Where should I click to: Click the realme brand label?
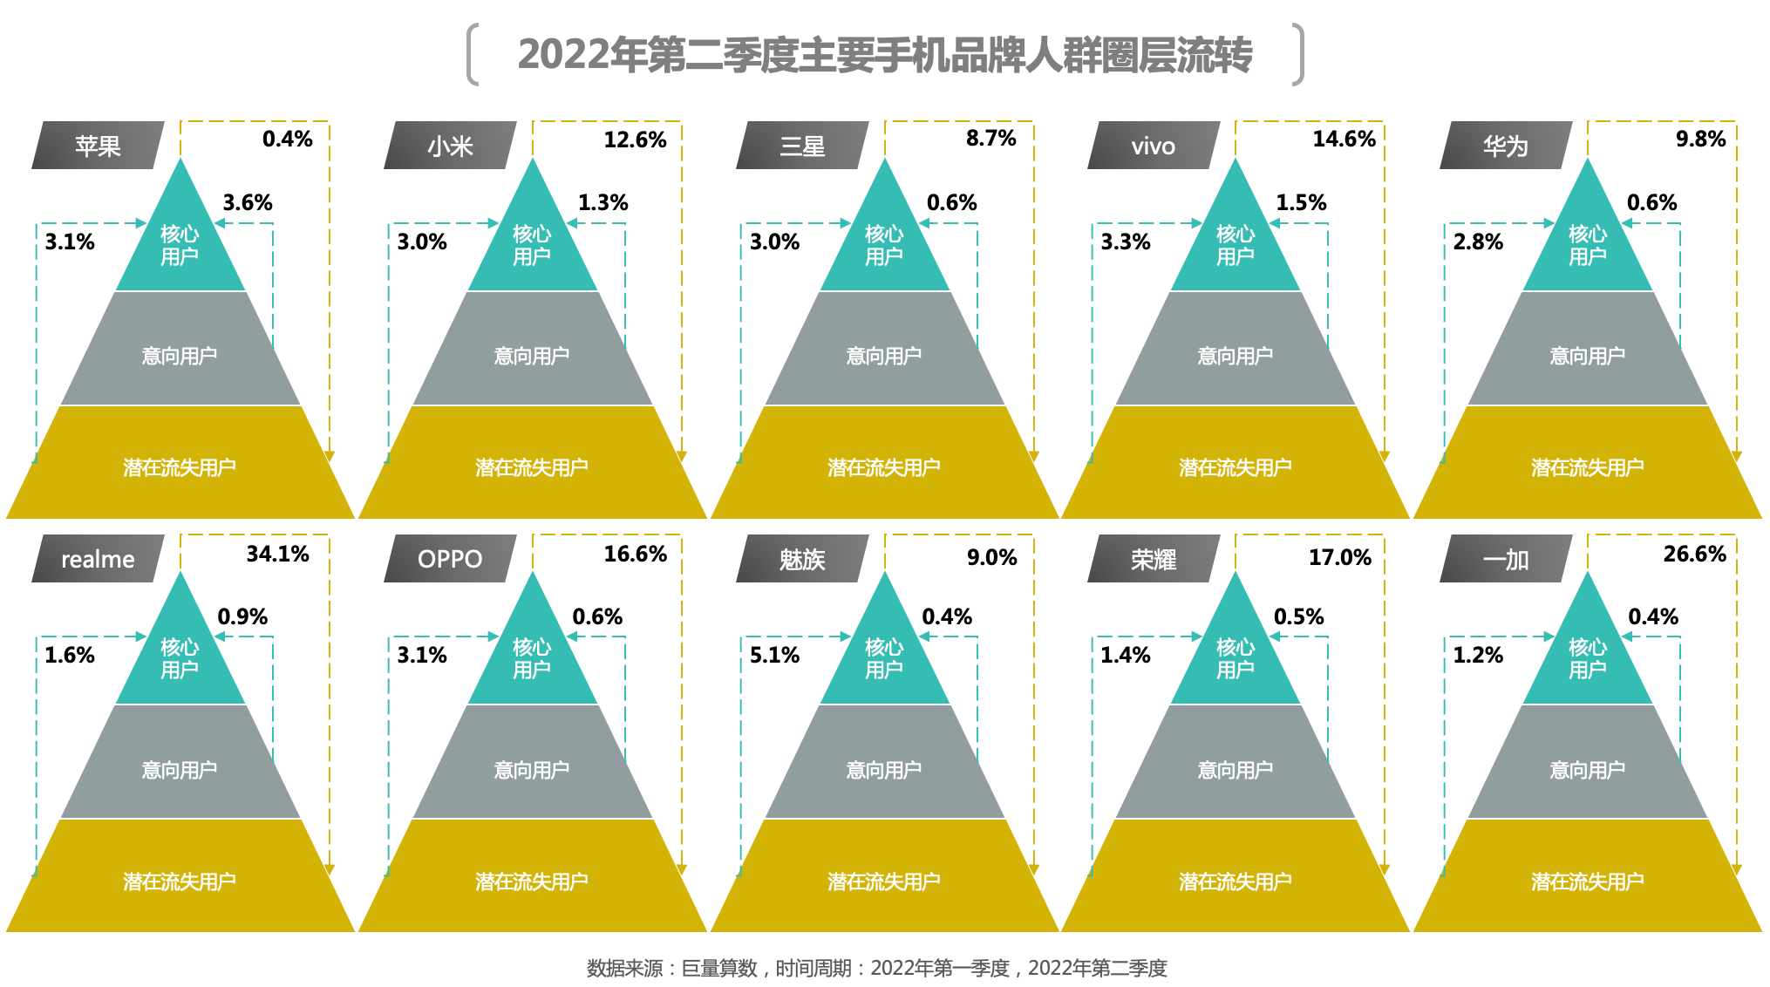tap(98, 559)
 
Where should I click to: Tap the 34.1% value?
tap(277, 554)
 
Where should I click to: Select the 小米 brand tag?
tap(450, 146)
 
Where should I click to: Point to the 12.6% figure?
tap(635, 140)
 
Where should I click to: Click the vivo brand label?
tap(1154, 146)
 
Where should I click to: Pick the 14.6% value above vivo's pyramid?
tap(1344, 139)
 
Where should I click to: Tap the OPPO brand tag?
tap(450, 559)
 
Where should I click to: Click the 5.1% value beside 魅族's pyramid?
tap(774, 655)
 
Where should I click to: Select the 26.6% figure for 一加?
tap(1694, 554)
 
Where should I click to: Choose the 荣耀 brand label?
tap(1154, 559)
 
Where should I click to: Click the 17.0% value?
tap(1339, 557)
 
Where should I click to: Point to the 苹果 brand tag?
tap(98, 146)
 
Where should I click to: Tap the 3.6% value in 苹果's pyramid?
tap(248, 202)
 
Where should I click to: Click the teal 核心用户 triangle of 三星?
tap(884, 244)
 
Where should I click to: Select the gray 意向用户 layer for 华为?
tap(1588, 349)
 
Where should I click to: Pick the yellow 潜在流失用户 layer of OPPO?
tap(532, 876)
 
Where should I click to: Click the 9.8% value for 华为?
tap(1700, 139)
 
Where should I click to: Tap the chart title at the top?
tap(885, 54)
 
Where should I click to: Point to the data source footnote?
tap(876, 968)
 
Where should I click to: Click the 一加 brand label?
tap(1506, 559)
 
